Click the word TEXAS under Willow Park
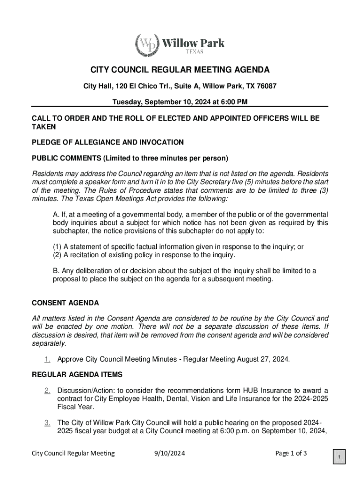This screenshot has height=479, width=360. (x=193, y=51)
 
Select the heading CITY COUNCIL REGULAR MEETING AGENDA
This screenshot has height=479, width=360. (x=180, y=70)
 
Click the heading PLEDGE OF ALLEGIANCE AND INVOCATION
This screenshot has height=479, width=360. (x=108, y=142)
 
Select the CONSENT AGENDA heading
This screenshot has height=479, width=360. (x=65, y=303)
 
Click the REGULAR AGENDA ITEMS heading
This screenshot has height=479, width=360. (x=77, y=374)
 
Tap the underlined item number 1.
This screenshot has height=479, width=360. (x=47, y=359)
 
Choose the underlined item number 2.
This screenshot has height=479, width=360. (x=47, y=391)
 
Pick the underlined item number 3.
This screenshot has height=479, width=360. (x=47, y=423)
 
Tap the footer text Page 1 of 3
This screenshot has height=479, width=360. (x=291, y=453)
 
